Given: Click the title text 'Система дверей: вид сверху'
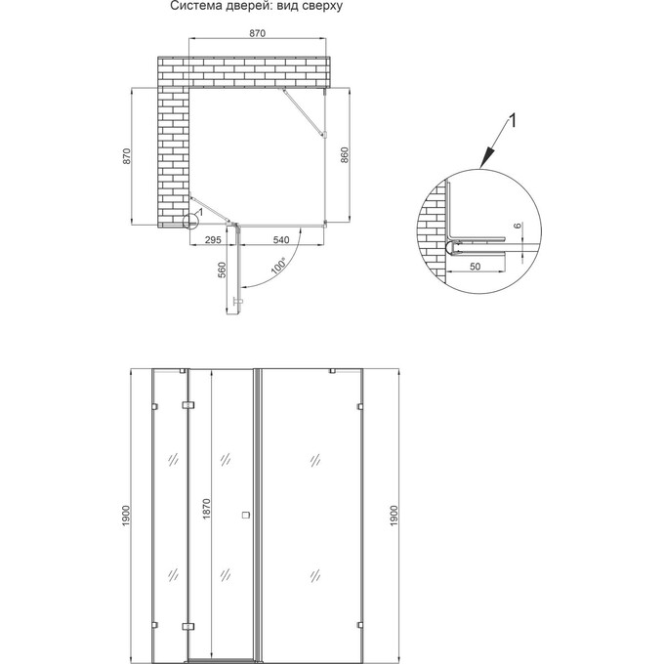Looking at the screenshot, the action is (x=256, y=6).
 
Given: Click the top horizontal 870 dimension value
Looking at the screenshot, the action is (x=257, y=33).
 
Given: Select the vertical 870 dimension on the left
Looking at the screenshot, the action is (x=127, y=156).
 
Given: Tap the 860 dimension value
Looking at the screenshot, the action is (x=344, y=155).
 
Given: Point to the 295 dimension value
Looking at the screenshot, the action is (x=213, y=239).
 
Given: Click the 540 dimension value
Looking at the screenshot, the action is (x=281, y=239).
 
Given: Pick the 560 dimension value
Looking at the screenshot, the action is (x=222, y=270).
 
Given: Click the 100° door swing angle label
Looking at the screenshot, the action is (x=278, y=266).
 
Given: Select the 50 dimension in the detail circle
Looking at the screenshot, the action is (x=476, y=266).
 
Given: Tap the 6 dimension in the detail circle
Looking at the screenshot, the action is (x=518, y=226).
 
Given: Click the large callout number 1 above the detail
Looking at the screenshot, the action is (x=512, y=121).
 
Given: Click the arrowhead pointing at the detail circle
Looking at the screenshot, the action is (x=487, y=158).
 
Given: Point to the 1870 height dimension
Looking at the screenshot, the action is (x=206, y=509).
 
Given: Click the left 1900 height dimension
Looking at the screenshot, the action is (x=126, y=516).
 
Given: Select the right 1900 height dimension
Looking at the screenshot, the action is (x=394, y=516).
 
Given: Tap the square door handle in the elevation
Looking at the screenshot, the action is (x=246, y=515).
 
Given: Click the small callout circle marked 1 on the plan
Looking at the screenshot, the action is (x=190, y=221).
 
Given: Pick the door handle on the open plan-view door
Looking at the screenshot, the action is (x=238, y=302).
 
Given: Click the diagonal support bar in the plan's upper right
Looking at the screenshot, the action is (x=304, y=112).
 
